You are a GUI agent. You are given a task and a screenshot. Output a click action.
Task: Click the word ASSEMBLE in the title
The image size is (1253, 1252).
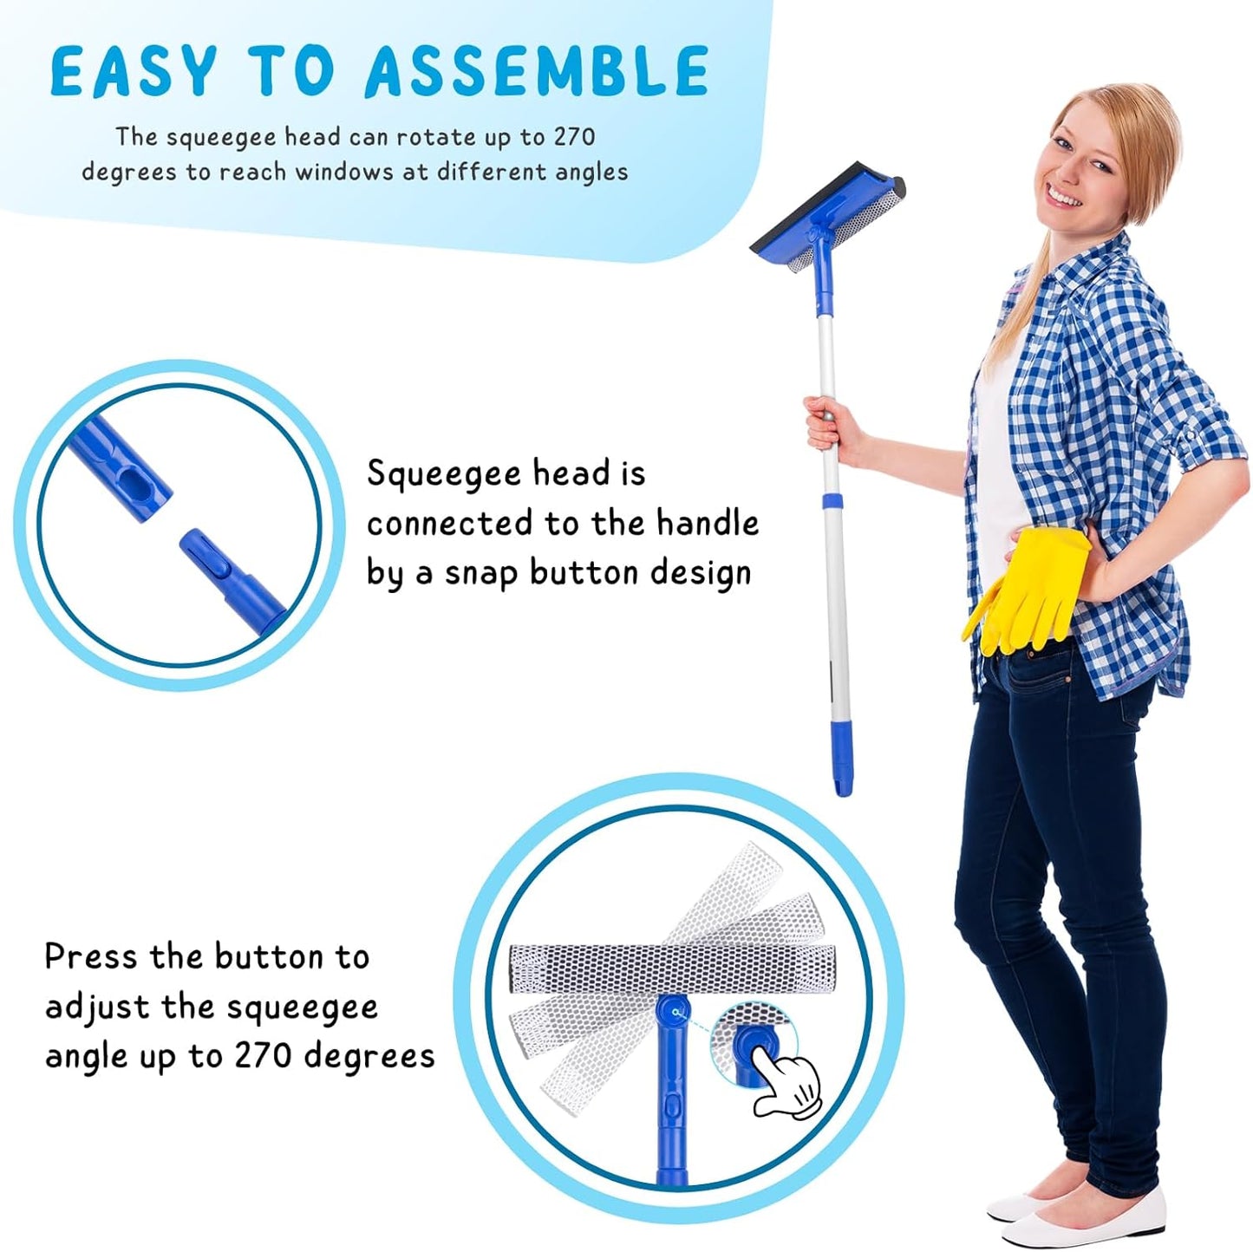click(537, 71)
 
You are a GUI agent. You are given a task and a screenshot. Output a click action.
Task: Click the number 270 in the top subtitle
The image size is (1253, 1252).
click(574, 137)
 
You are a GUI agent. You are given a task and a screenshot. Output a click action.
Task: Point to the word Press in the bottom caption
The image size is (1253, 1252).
click(92, 957)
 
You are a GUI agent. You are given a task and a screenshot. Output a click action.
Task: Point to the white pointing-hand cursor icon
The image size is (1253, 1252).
click(785, 1084)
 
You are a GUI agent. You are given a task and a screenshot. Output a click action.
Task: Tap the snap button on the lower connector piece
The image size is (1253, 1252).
click(217, 568)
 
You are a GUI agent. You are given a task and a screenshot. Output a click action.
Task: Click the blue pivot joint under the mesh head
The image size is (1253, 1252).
click(673, 1011)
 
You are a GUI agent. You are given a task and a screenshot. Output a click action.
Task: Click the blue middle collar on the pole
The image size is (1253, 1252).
click(832, 501)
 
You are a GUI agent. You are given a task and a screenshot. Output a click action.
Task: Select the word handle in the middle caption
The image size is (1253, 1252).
click(707, 524)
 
